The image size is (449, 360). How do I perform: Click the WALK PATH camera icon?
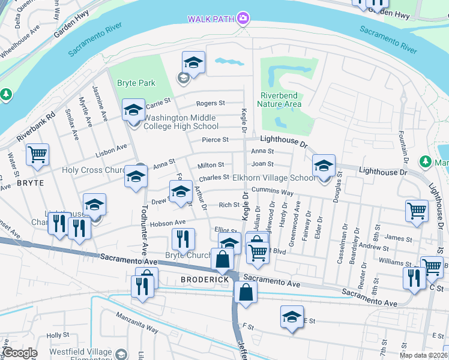coord(243,19)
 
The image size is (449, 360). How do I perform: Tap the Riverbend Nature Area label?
coord(279,100)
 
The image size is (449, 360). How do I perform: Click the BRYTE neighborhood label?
coord(30,182)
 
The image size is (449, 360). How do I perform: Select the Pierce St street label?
coord(215,140)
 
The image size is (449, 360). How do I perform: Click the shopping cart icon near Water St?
coord(37,155)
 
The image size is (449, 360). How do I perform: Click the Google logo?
coord(20,353)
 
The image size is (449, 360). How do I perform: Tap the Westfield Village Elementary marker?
coord(122,354)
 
